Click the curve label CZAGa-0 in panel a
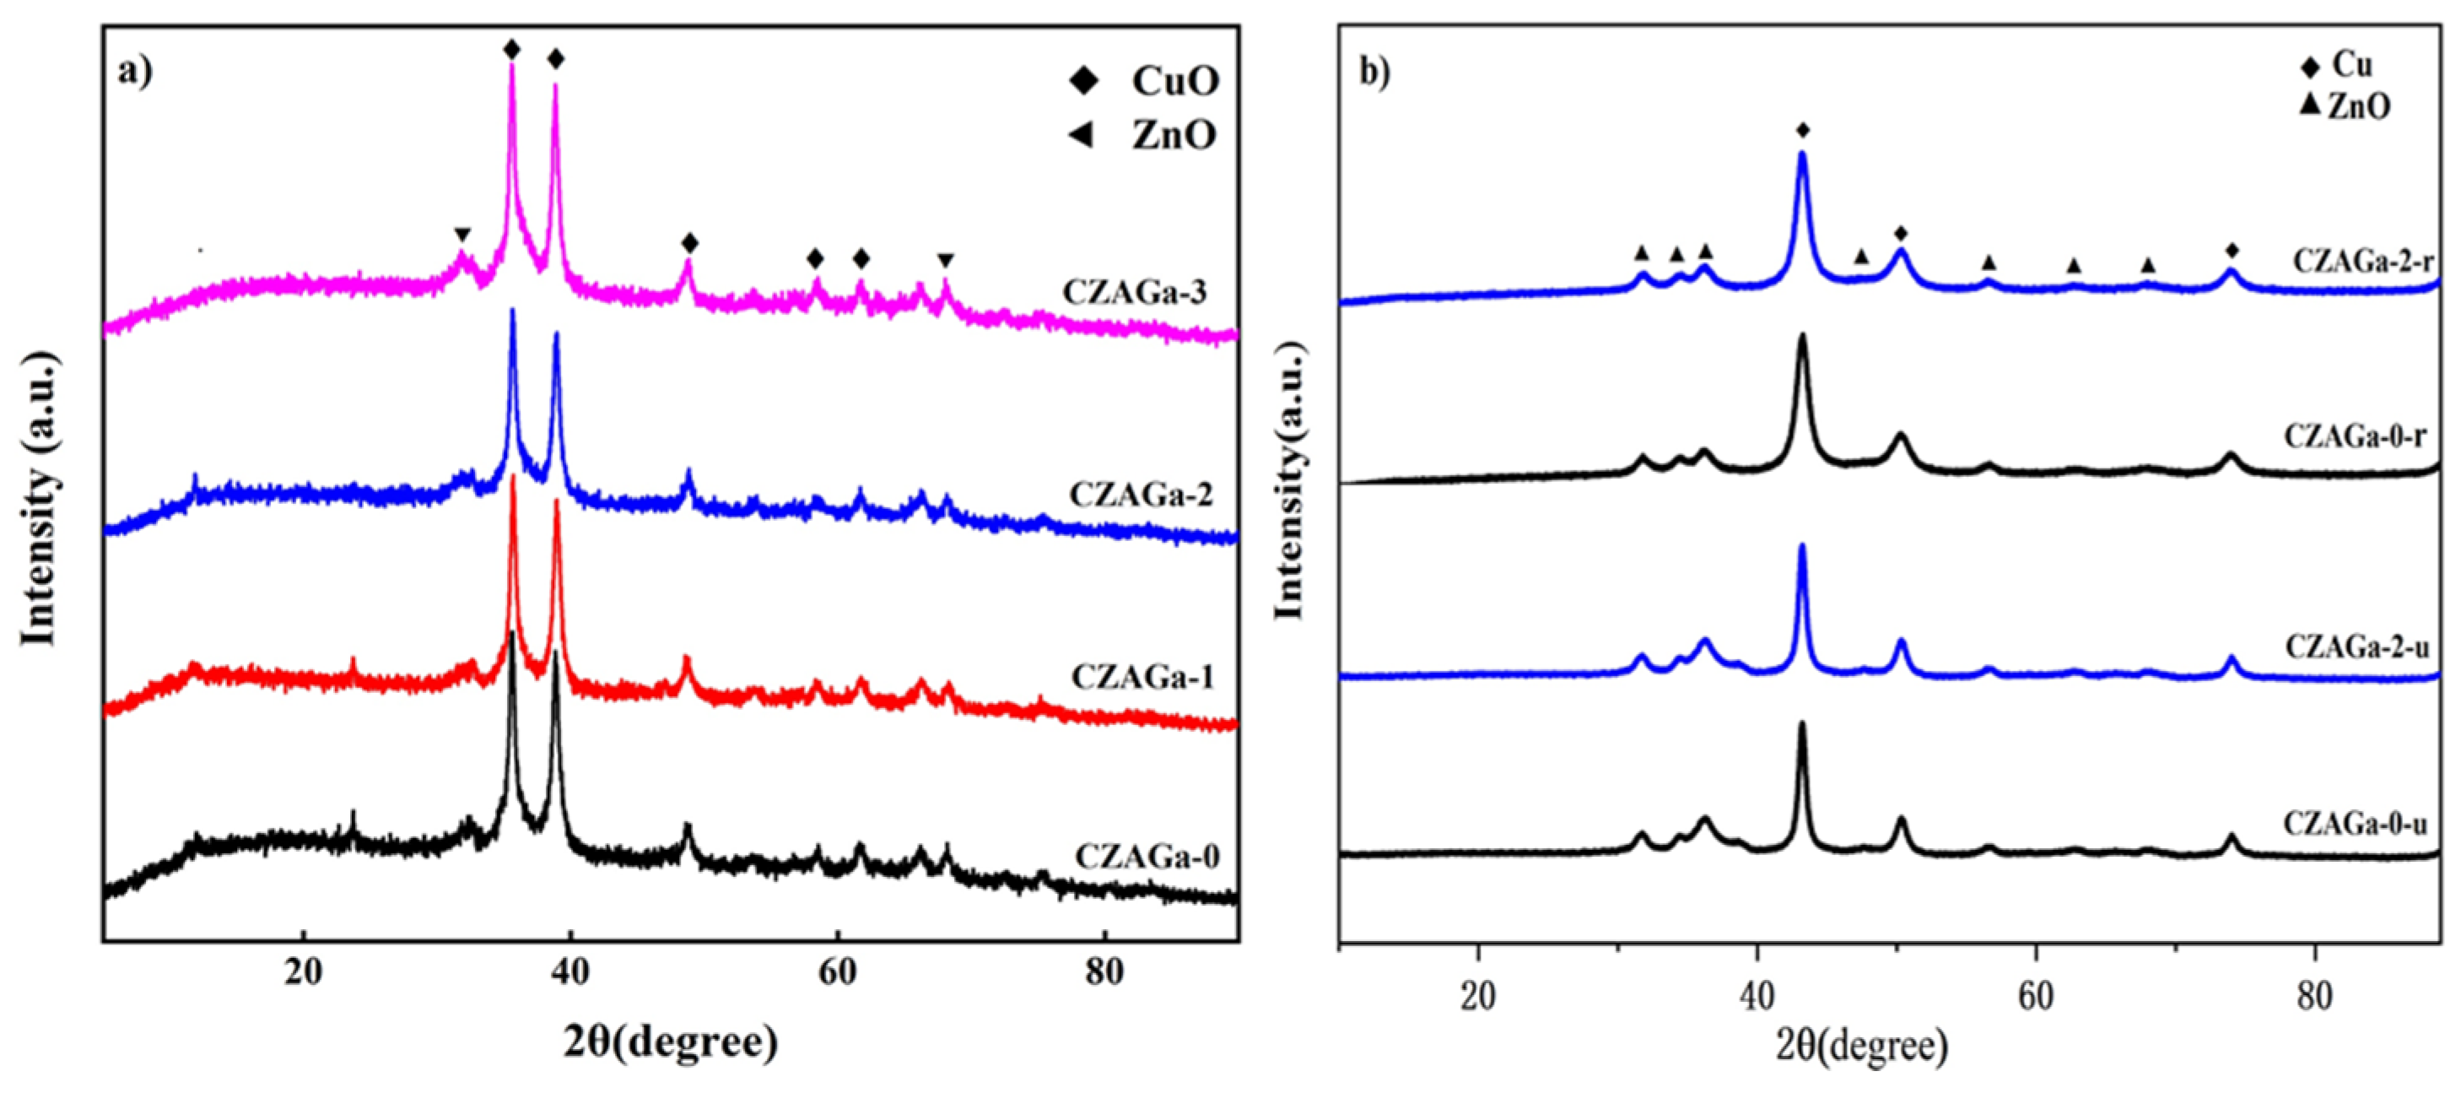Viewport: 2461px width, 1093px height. click(x=1147, y=856)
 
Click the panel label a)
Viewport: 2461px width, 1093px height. click(x=136, y=72)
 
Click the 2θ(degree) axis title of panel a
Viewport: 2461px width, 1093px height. click(x=671, y=1042)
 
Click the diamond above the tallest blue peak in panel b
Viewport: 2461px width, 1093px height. click(x=1803, y=131)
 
